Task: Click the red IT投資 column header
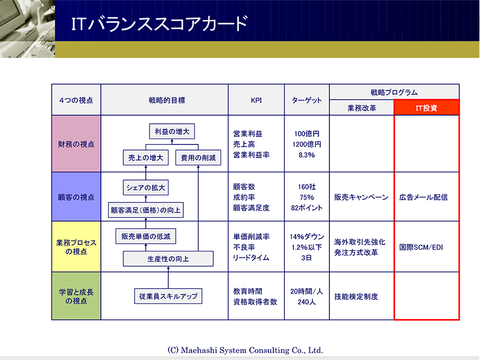[x=427, y=108]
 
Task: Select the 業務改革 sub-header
[x=362, y=108]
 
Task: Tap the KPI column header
[x=256, y=100]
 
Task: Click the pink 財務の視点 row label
[x=76, y=144]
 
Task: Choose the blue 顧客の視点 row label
[x=76, y=197]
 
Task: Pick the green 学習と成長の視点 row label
[x=76, y=296]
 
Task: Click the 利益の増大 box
[x=172, y=131]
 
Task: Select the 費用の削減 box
[x=198, y=158]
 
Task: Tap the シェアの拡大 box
[x=146, y=187]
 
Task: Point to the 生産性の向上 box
[x=168, y=259]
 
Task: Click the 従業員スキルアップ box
[x=168, y=296]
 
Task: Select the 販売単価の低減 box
[x=146, y=236]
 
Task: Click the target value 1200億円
[x=307, y=144]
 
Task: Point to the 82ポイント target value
[x=307, y=208]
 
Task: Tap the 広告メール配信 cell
[x=423, y=197]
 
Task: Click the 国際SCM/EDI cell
[x=421, y=247]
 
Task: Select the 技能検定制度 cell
[x=356, y=296]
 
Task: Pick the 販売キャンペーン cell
[x=361, y=197]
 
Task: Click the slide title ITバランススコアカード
[x=159, y=23]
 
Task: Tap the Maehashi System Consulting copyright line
[x=245, y=350]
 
